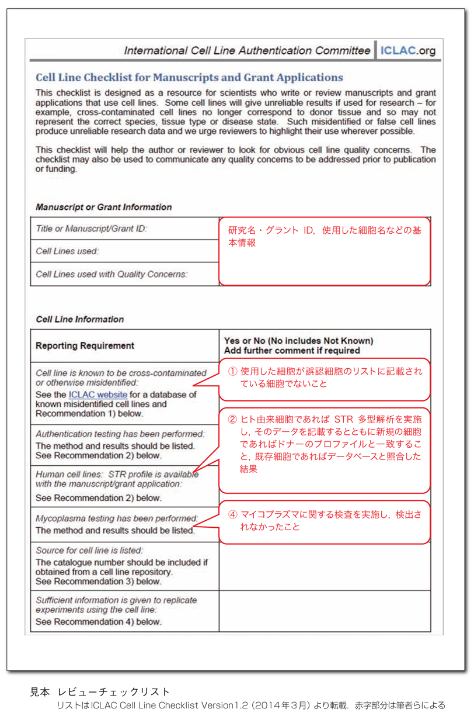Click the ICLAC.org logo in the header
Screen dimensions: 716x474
coord(407,51)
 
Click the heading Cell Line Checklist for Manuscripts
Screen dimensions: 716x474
coord(189,78)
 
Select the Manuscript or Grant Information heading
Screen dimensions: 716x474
coord(104,207)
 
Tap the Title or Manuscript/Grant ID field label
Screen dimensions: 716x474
coord(92,229)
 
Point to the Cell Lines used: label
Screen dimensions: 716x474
coord(68,251)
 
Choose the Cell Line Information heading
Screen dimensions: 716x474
coord(80,320)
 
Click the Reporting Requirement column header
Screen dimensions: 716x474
coord(85,345)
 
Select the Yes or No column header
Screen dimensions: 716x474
coord(298,345)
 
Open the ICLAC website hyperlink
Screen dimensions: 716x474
coord(97,395)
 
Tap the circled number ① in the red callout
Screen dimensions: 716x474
coord(232,372)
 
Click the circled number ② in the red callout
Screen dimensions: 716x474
coord(232,419)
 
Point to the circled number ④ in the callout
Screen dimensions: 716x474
coord(232,514)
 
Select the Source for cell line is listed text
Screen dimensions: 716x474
coord(89,551)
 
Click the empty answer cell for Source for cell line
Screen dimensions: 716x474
coord(325,566)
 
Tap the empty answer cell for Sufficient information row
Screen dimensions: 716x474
coord(325,611)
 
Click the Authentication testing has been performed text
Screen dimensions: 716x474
coord(120,434)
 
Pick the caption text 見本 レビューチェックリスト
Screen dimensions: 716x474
coord(100,692)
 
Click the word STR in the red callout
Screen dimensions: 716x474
coord(341,419)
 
